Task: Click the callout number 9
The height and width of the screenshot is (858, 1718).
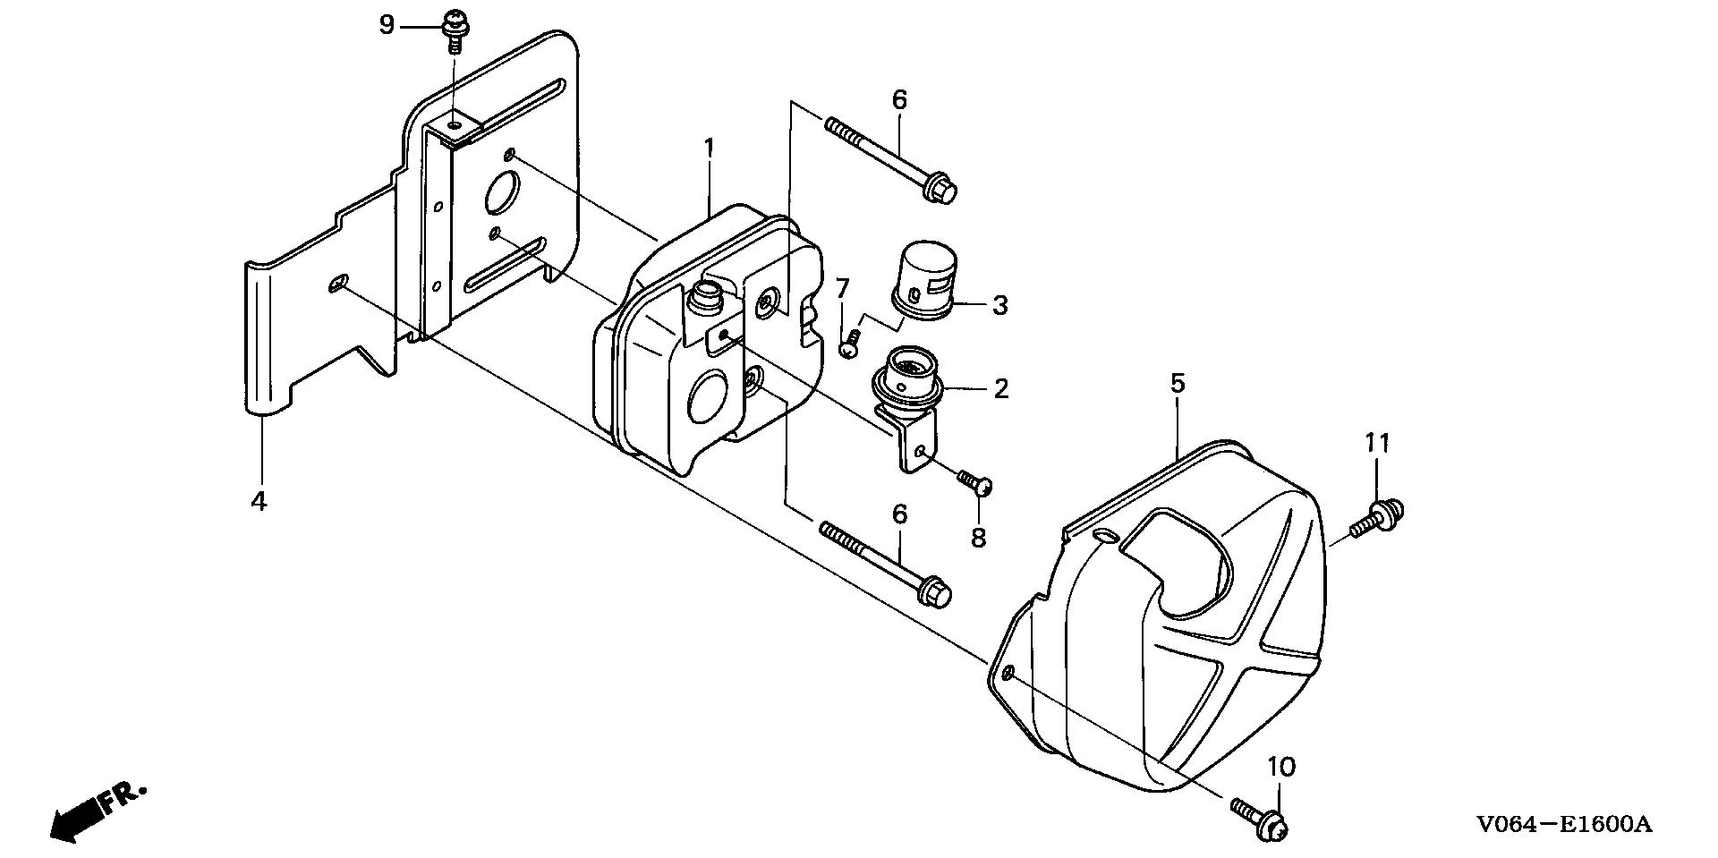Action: pyautogui.click(x=387, y=25)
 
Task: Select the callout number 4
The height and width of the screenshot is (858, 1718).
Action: pyautogui.click(x=259, y=501)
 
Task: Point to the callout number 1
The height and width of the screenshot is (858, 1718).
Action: pyautogui.click(x=709, y=149)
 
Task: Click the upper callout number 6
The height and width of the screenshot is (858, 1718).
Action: pyautogui.click(x=899, y=100)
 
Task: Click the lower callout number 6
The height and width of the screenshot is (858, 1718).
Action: pyautogui.click(x=899, y=514)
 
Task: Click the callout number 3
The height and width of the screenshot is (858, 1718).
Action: pyautogui.click(x=999, y=306)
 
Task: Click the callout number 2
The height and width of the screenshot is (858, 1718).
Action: pyautogui.click(x=1000, y=388)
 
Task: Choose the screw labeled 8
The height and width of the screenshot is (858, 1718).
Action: pyautogui.click(x=977, y=483)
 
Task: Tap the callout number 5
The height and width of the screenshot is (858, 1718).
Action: pyautogui.click(x=1178, y=384)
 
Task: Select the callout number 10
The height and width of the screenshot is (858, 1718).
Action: pyautogui.click(x=1281, y=767)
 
